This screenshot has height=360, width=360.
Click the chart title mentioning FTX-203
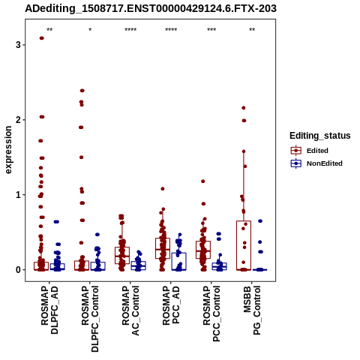(151, 8)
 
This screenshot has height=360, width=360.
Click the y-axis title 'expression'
(8, 150)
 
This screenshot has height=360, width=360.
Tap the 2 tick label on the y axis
(18, 120)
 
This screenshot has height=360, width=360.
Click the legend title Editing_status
(320, 136)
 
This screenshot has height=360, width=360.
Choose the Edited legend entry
(310, 151)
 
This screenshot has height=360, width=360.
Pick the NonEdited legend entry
(316, 163)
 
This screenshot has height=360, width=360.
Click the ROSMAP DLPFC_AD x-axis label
(49, 310)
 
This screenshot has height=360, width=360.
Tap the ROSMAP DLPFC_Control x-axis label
(90, 319)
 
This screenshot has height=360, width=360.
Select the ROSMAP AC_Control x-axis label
(130, 310)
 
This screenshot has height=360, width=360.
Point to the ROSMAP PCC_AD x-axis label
(171, 305)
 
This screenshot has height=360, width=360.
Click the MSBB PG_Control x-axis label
(252, 310)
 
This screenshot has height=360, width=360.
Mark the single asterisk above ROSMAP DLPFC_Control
(90, 30)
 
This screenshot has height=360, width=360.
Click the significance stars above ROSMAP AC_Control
(130, 30)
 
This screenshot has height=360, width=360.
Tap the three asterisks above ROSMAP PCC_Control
(211, 30)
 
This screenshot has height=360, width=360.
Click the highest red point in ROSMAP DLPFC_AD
(41, 38)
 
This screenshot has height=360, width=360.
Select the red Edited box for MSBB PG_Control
(244, 245)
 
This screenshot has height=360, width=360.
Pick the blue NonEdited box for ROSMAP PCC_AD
(178, 261)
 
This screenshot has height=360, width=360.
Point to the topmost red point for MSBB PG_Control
(244, 108)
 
